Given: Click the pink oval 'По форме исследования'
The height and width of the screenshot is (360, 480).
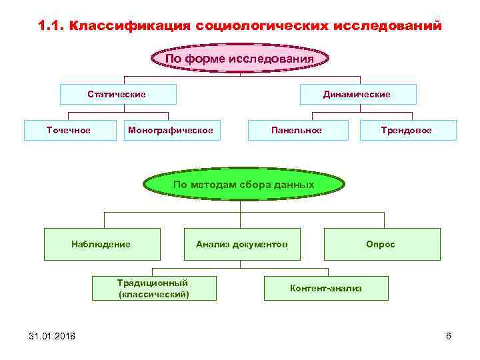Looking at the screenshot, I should [x=239, y=58].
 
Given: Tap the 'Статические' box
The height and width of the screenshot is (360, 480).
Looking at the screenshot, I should [x=117, y=95].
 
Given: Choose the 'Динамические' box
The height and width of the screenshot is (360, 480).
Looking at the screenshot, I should [x=357, y=95].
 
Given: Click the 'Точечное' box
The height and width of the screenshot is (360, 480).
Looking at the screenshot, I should [x=68, y=130].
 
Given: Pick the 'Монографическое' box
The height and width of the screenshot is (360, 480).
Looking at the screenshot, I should [x=171, y=130].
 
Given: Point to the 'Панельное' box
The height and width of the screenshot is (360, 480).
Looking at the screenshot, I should [x=297, y=130].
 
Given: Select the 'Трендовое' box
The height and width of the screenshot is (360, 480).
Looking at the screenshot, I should [x=407, y=130].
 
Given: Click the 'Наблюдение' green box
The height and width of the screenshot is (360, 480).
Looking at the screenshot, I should [x=101, y=244].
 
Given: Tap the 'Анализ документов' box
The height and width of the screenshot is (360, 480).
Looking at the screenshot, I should [x=241, y=244].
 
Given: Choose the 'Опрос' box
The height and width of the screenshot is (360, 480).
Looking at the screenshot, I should [x=381, y=244].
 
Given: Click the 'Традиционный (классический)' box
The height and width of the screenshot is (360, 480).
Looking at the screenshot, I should [x=153, y=288].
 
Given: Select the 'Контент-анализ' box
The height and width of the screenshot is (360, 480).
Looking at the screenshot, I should [x=326, y=288].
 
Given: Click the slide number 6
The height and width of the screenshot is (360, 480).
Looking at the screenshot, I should [x=448, y=335].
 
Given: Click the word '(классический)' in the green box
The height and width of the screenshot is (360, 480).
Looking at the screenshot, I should [x=153, y=294].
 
